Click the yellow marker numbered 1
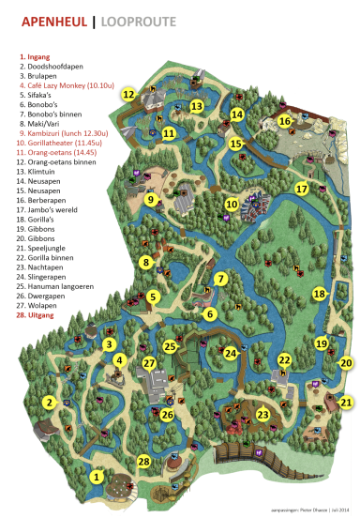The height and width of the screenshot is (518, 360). point(96,478)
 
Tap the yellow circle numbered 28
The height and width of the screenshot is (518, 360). point(143,461)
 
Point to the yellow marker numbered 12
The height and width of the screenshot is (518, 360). point(127,94)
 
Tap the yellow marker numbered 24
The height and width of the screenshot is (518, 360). point(231,353)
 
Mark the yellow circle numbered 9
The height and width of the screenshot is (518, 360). point(150,199)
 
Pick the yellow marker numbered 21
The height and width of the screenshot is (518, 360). point(346,403)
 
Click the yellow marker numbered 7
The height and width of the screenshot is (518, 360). point(220,279)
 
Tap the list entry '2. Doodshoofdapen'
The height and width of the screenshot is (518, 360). point(47,68)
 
